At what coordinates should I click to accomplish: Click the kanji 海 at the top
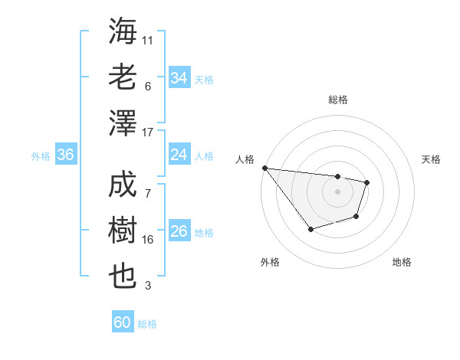click(123, 31)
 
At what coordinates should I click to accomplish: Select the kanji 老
click(123, 77)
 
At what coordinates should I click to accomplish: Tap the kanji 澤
click(123, 123)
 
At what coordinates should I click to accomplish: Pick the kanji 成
click(123, 186)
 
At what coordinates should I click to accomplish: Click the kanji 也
click(123, 277)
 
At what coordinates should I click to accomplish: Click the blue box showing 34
click(179, 77)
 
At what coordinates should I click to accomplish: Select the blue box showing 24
click(179, 155)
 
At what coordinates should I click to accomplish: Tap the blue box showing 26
click(179, 231)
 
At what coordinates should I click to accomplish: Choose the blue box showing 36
click(65, 155)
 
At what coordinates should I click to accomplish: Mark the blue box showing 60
click(123, 322)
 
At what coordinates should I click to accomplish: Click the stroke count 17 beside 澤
click(148, 133)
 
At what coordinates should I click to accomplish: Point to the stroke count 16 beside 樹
click(148, 240)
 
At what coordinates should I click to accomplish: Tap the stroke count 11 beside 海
click(148, 39)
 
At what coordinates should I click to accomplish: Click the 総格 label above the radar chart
click(337, 100)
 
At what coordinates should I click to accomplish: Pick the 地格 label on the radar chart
click(402, 262)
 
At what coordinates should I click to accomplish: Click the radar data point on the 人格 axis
click(264, 168)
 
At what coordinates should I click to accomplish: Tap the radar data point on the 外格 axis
click(310, 229)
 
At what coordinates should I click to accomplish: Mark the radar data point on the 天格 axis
click(367, 182)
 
